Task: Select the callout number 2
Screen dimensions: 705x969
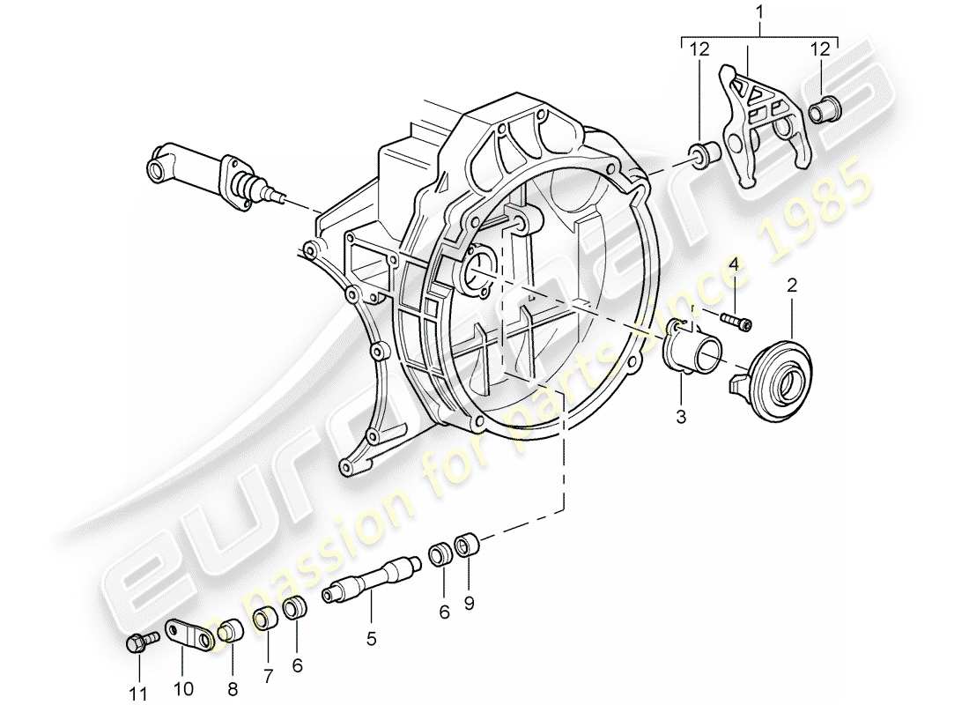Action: pyautogui.click(x=792, y=286)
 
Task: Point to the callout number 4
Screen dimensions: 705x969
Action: pyautogui.click(x=732, y=263)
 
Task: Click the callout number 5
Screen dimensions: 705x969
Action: pyautogui.click(x=371, y=637)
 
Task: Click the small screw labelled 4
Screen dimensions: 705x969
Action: pyautogui.click(x=736, y=320)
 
